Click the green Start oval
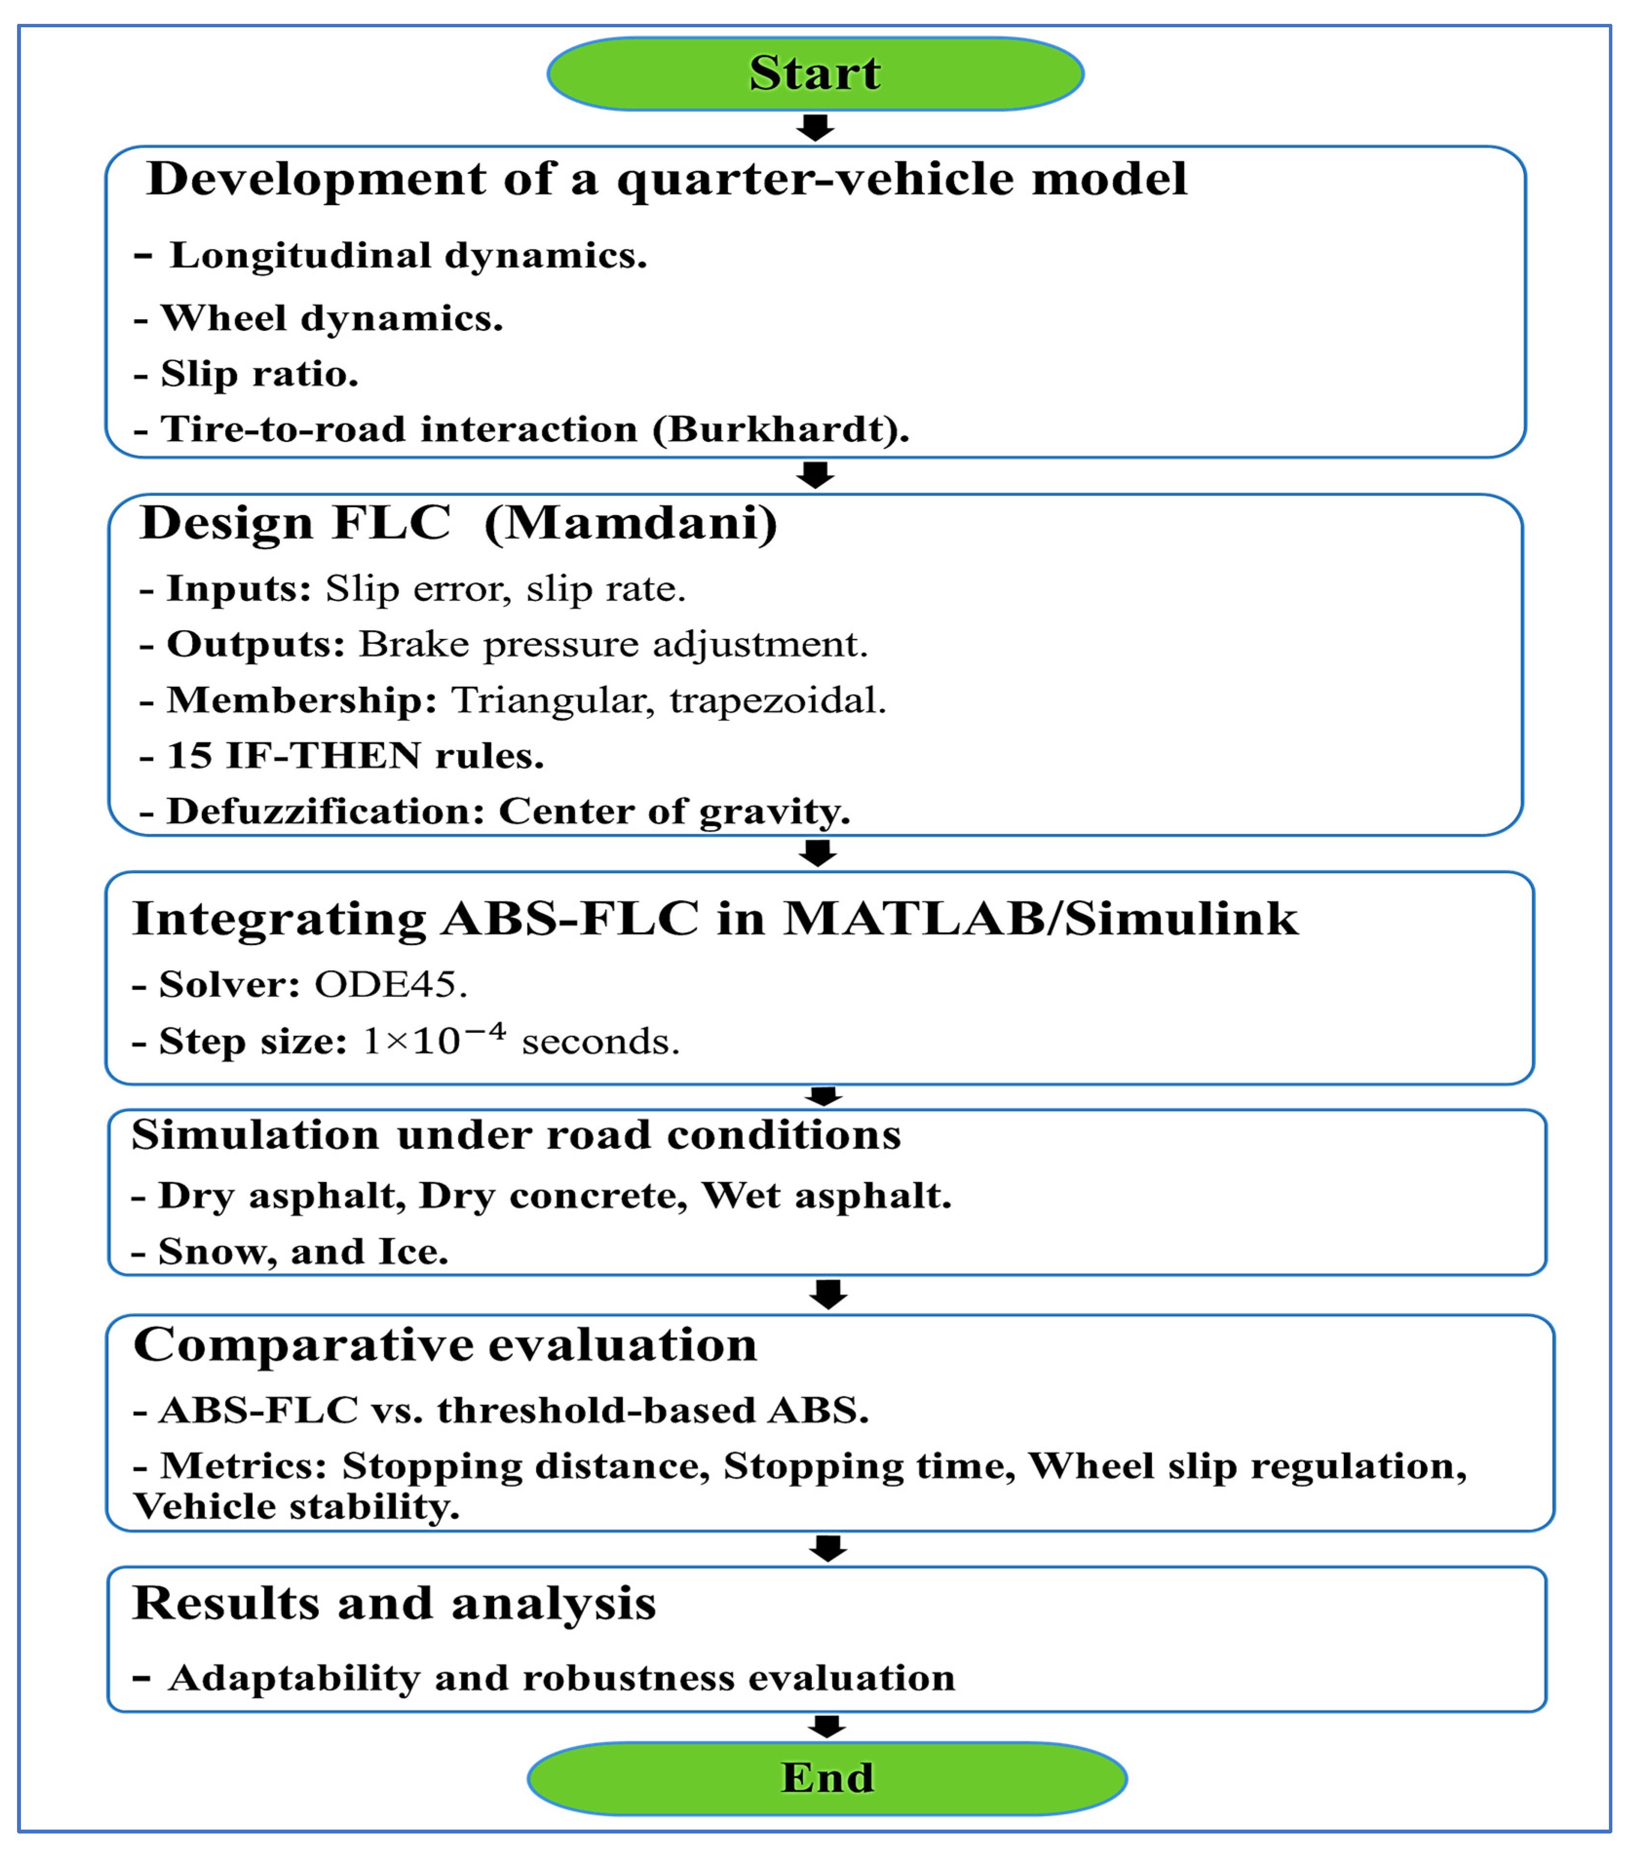click(x=815, y=74)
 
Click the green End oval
click(x=827, y=1778)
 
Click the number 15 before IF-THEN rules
click(x=189, y=755)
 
